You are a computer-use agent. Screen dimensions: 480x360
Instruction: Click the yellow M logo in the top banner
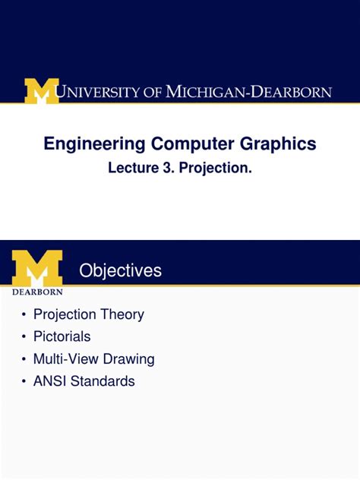[41, 92]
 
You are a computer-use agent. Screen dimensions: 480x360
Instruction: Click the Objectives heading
[121, 270]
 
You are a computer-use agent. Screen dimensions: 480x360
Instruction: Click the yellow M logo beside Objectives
[37, 267]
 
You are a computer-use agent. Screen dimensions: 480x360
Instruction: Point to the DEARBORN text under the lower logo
[37, 290]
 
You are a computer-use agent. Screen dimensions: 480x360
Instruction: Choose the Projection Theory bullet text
[88, 314]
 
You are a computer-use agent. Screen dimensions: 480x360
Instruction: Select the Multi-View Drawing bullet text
[93, 358]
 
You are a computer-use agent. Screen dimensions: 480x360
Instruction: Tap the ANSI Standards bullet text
[84, 381]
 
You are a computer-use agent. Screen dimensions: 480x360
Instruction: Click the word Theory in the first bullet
[124, 314]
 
